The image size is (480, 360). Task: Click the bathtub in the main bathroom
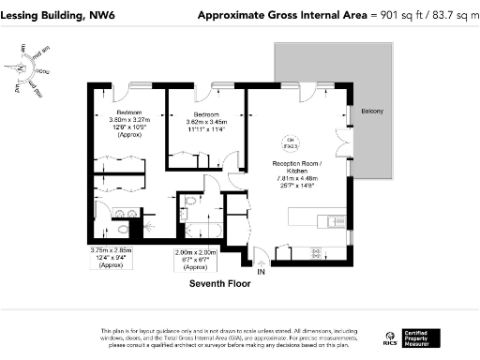(x=198, y=229)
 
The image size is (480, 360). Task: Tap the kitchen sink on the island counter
(x=329, y=223)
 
